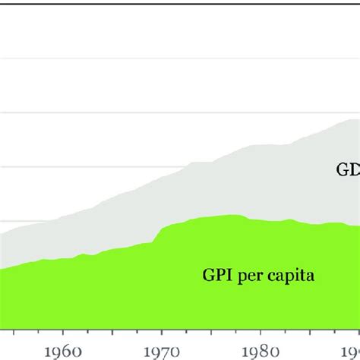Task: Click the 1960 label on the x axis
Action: [63, 351]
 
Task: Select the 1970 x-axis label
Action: [163, 351]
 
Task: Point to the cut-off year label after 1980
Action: [352, 351]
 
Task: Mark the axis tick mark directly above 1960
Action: [63, 333]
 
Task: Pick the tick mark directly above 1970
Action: [163, 333]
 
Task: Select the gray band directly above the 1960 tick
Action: [63, 238]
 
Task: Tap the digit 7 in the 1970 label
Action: [166, 352]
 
